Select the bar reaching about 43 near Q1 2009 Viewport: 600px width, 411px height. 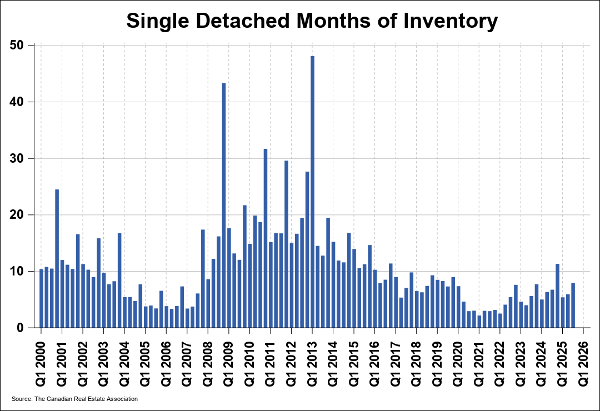click(223, 205)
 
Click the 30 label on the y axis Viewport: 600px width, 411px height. click(20, 158)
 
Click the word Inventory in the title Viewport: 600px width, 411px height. click(451, 21)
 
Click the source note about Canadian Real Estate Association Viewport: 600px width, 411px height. click(74, 399)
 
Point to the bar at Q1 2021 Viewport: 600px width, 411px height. click(479, 322)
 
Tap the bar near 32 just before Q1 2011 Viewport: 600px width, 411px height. click(265, 238)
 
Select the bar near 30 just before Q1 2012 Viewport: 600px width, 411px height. click(286, 244)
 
